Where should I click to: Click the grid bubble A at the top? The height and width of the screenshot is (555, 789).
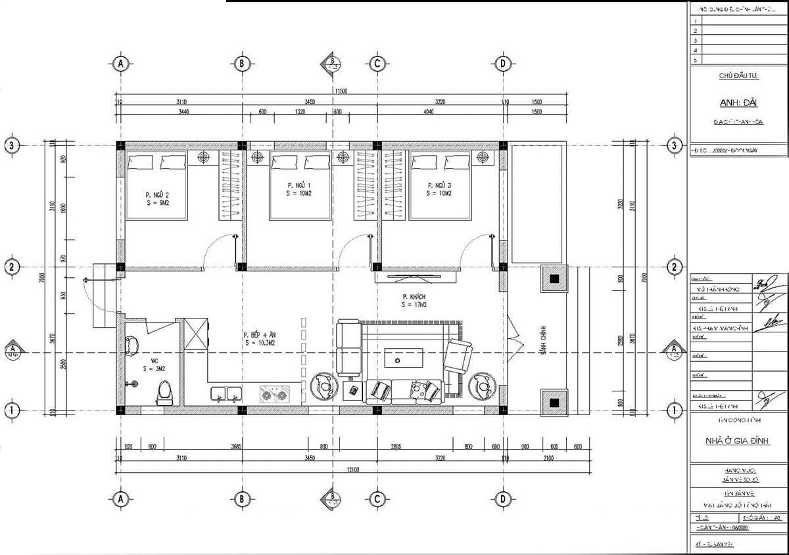pyautogui.click(x=120, y=63)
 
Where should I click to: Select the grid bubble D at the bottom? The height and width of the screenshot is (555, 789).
pyautogui.click(x=502, y=499)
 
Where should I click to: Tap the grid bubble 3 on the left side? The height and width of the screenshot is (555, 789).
pyautogui.click(x=11, y=145)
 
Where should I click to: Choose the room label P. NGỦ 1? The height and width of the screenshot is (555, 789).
pyautogui.click(x=299, y=189)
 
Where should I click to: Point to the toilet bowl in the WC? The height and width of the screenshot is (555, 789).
pyautogui.click(x=164, y=393)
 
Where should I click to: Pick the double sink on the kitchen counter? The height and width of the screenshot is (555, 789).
pyautogui.click(x=226, y=394)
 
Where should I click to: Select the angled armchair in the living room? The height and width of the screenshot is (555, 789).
pyautogui.click(x=458, y=357)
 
